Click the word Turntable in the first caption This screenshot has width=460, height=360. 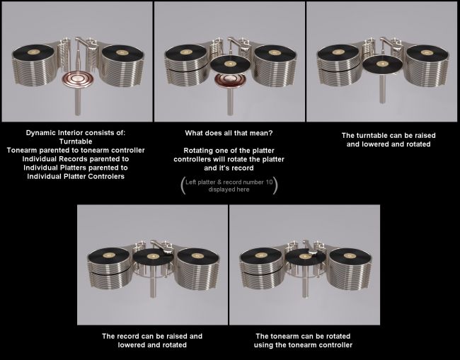pyautogui.click(x=76, y=141)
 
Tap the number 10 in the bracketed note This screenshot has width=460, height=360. pyautogui.click(x=269, y=182)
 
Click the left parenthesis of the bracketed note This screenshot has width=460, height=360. pyautogui.click(x=183, y=185)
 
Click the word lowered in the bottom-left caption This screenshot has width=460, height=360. pyautogui.click(x=130, y=344)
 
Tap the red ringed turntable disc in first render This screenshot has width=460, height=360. pyautogui.click(x=78, y=79)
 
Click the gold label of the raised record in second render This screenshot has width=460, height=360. pyautogui.click(x=230, y=64)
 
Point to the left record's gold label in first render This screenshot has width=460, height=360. pyautogui.click(x=34, y=52)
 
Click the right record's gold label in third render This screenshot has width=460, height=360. pyautogui.click(x=427, y=52)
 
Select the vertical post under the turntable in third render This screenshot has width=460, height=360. pyautogui.click(x=381, y=88)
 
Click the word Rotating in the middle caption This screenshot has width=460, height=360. pyautogui.click(x=196, y=151)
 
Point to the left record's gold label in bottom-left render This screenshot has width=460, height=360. pyautogui.click(x=109, y=255)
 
